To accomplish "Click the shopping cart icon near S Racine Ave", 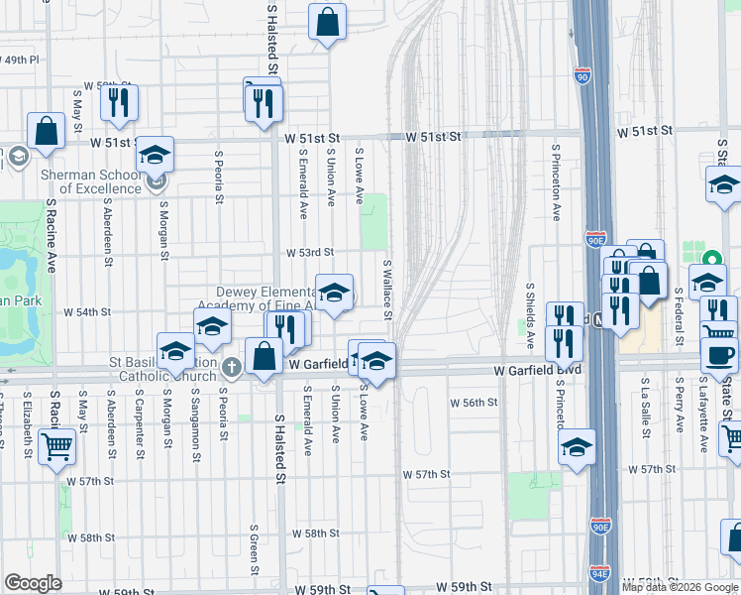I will pyautogui.click(x=56, y=447).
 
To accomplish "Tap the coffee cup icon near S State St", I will pyautogui.click(x=718, y=354).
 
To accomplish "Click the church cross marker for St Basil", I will pyautogui.click(x=231, y=367).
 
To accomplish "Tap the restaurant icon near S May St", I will pyautogui.click(x=119, y=102).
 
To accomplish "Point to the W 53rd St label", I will pyautogui.click(x=309, y=253).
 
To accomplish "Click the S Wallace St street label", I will pyautogui.click(x=388, y=290).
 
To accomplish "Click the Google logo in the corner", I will pyautogui.click(x=33, y=583).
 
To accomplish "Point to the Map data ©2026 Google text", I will pyautogui.click(x=680, y=587).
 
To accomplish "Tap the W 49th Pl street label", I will pyautogui.click(x=20, y=59).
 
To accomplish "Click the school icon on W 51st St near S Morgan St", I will pyautogui.click(x=155, y=155).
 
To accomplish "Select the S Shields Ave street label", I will pyautogui.click(x=530, y=315).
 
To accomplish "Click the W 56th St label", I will pyautogui.click(x=473, y=403).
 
